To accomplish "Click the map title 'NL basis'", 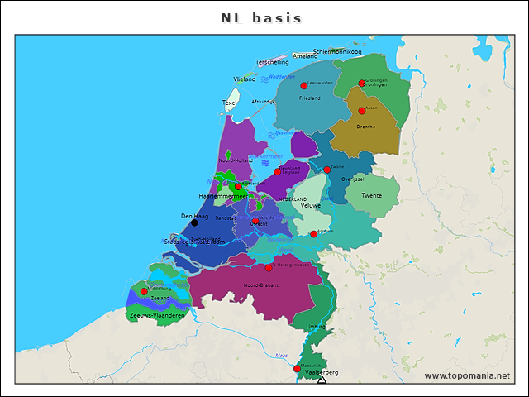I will [261, 17].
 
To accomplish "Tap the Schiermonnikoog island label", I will [337, 51].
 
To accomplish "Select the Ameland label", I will [305, 56].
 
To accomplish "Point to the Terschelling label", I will [272, 62].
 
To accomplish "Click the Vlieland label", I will [245, 79].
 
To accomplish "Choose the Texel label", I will [230, 103].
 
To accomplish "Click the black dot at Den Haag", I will [194, 222].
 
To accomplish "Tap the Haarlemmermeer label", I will [222, 196].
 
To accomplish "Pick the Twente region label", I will [372, 196].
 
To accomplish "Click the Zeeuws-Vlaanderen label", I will [157, 315].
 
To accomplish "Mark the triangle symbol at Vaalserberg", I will [322, 380].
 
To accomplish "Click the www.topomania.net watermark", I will [467, 376].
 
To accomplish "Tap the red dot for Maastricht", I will [298, 369].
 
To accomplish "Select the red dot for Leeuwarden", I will [303, 86].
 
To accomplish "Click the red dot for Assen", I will [361, 111].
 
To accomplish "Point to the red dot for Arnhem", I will [313, 234].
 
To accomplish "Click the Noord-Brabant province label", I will [260, 285].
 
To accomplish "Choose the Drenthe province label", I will [365, 127].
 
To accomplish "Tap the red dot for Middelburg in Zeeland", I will [144, 292].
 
